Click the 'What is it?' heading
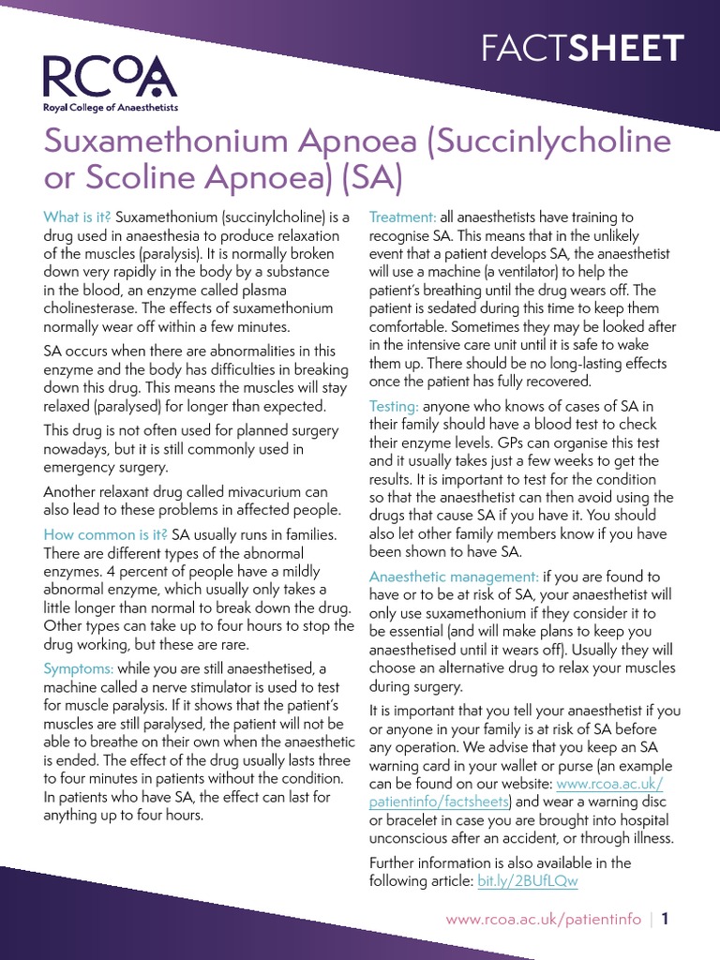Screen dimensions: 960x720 coord(77,217)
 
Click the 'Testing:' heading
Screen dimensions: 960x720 coord(394,406)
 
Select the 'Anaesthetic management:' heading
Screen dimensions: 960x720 coord(454,576)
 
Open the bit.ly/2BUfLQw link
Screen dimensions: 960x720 coord(528,881)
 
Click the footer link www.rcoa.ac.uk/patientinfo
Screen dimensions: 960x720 coord(544,921)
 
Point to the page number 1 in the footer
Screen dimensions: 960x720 coord(666,921)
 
